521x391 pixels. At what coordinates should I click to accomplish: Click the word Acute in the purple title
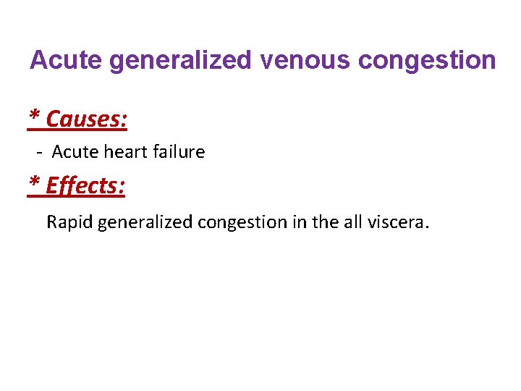[66, 60]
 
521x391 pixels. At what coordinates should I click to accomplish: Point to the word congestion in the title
[428, 61]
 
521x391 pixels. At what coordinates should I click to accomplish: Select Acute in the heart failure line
[71, 152]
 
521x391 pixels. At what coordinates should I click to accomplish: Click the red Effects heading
[85, 186]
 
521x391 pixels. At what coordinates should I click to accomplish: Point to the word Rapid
[69, 222]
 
